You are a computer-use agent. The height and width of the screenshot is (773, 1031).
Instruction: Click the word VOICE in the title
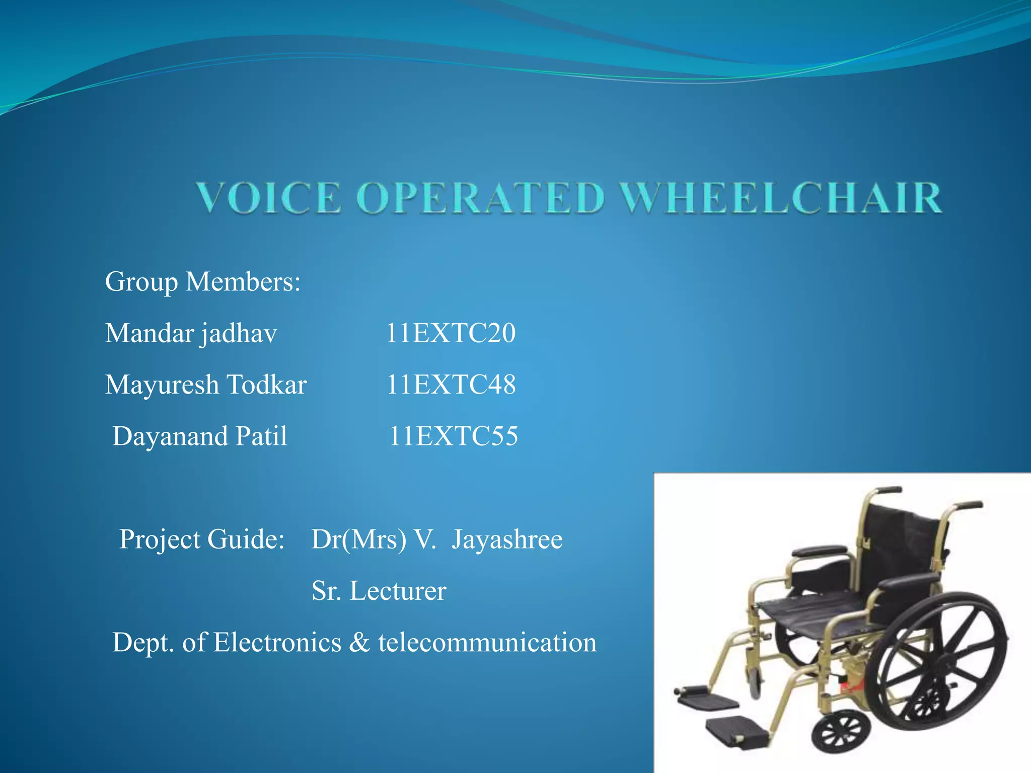coord(269,198)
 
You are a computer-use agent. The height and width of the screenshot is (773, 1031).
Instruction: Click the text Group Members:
coord(202,282)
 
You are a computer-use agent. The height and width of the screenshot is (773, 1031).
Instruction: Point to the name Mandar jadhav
coord(191,334)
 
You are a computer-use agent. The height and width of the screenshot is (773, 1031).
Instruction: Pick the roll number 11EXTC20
coord(451,334)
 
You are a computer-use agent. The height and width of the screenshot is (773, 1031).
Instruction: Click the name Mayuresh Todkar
coord(205,385)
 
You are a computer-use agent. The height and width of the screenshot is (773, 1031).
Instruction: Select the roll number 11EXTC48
coord(451,385)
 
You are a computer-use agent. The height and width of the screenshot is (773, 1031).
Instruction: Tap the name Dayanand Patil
coord(199,436)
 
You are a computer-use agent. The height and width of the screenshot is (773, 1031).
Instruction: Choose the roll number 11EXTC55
coord(453,436)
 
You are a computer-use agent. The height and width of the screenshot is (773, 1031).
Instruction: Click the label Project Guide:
coord(202,539)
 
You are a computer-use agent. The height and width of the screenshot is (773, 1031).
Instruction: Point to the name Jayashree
coord(506,539)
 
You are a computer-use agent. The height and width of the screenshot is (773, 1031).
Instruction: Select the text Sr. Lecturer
coord(379,591)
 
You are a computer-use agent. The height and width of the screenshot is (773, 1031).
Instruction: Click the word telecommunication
coord(487,643)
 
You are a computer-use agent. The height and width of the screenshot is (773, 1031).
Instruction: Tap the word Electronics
coord(277,643)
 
